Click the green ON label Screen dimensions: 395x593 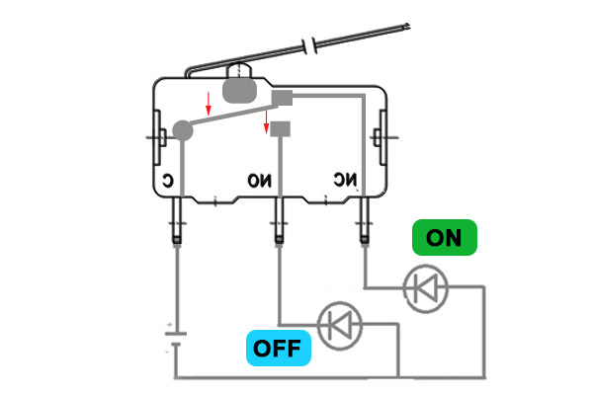(444, 238)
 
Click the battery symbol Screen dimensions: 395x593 (175, 340)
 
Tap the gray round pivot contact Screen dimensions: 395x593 (182, 129)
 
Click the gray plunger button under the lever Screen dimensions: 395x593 (240, 90)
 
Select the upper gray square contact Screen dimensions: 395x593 (283, 97)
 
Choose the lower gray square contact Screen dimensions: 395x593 (282, 128)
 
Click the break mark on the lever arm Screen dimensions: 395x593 (315, 46)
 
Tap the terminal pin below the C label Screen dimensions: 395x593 (177, 221)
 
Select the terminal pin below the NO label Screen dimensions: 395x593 (281, 221)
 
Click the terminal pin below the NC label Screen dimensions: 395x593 (366, 221)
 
